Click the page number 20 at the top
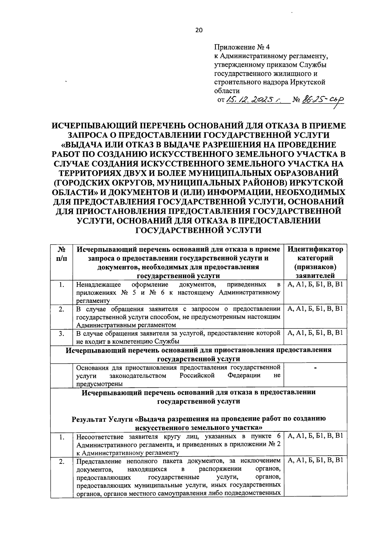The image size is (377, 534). pyautogui.click(x=199, y=30)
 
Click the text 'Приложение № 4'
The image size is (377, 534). pyautogui.click(x=242, y=48)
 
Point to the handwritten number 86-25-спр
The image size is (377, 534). pyautogui.click(x=322, y=100)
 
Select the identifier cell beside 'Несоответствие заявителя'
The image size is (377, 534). pyautogui.click(x=315, y=436)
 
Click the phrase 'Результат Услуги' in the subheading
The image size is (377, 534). pyautogui.click(x=103, y=419)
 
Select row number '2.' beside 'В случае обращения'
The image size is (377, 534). pyautogui.click(x=62, y=309)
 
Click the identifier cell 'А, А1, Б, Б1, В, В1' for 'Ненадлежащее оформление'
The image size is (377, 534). pyautogui.click(x=315, y=285)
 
